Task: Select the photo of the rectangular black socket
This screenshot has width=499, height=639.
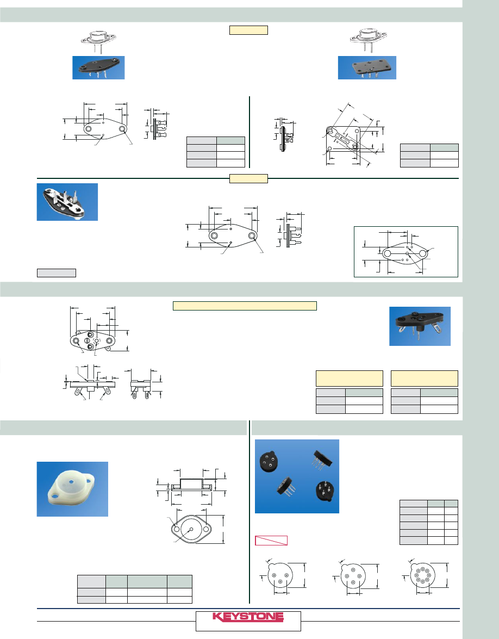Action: click(367, 67)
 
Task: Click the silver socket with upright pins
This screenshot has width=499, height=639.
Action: click(66, 202)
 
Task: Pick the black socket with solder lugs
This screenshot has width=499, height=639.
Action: click(420, 326)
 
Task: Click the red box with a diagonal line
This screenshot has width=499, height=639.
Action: click(271, 541)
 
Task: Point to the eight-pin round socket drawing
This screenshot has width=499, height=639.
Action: click(424, 575)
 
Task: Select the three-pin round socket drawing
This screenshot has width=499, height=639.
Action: click(280, 575)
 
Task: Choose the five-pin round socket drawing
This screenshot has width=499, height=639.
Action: click(353, 575)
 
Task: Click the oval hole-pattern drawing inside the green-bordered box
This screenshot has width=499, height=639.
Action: click(406, 253)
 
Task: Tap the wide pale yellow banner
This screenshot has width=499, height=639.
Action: click(245, 306)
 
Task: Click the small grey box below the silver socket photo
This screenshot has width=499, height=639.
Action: click(57, 272)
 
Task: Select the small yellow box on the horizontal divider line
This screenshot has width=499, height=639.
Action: click(248, 178)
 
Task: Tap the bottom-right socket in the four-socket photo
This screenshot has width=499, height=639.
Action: click(327, 492)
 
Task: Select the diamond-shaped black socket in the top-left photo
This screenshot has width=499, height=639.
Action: click(98, 66)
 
